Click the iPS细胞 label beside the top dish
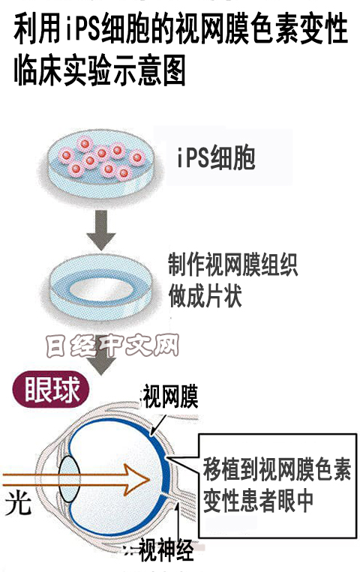tap(216, 158)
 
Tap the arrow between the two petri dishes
tap(101, 230)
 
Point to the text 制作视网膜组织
tap(233, 265)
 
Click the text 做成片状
tap(205, 295)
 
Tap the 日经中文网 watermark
tap(112, 345)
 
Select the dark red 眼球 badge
tap(51, 390)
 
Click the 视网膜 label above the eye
tap(170, 397)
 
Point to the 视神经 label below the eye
tap(166, 550)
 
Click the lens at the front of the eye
tap(69, 479)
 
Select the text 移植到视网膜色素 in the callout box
tap(277, 469)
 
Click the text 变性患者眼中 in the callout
tap(258, 501)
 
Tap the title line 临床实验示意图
tap(100, 70)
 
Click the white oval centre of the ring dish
tap(101, 289)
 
